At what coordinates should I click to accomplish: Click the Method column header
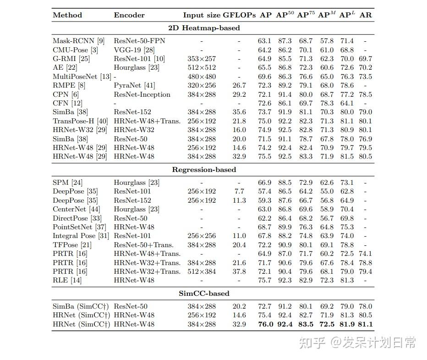coord(67,15)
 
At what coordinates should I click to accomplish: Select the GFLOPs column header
coord(239,15)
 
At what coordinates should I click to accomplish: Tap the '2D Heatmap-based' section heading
coord(204,28)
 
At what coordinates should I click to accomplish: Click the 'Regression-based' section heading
coord(204,170)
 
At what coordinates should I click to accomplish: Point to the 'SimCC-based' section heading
coord(204,294)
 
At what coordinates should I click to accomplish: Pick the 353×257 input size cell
coord(202,59)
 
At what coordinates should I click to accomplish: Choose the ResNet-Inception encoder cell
coord(142,94)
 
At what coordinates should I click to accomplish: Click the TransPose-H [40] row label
coord(80,121)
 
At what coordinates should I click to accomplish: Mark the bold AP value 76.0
coord(265,324)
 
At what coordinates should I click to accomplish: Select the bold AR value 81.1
coord(366,324)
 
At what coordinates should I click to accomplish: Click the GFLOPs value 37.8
coord(239,271)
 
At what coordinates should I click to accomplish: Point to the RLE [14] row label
coord(67,280)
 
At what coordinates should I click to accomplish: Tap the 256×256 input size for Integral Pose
coord(202,236)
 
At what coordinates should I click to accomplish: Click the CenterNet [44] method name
coord(76,210)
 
